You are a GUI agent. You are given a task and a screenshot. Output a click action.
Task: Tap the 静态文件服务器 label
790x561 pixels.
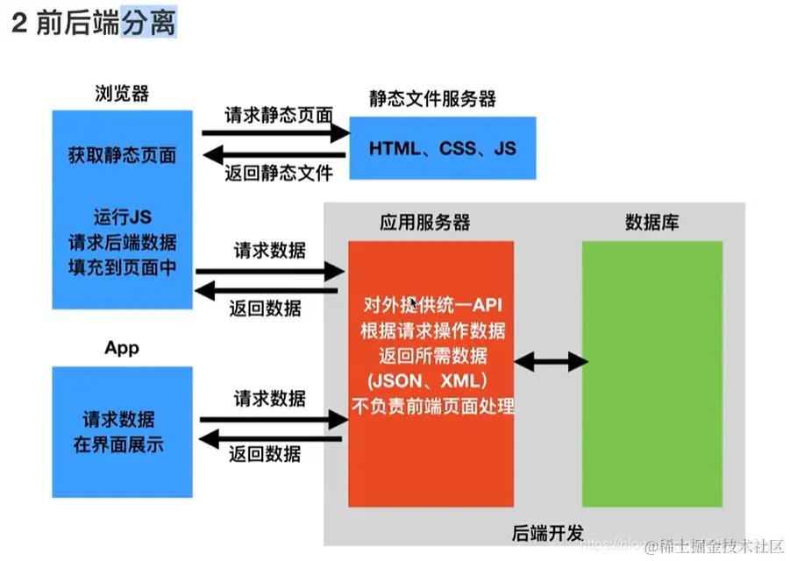pyautogui.click(x=432, y=99)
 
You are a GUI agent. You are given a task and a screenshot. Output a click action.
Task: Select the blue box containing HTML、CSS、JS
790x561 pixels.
pyautogui.click(x=443, y=148)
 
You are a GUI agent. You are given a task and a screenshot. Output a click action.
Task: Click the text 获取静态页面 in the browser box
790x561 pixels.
pyautogui.click(x=122, y=156)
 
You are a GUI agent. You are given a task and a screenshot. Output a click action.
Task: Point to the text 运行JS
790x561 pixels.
pyautogui.click(x=122, y=216)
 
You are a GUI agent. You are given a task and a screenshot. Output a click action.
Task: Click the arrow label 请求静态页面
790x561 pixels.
pyautogui.click(x=279, y=115)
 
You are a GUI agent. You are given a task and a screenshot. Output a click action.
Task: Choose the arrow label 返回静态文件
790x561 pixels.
pyautogui.click(x=279, y=173)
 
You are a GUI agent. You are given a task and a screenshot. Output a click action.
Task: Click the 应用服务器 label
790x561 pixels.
pyautogui.click(x=424, y=223)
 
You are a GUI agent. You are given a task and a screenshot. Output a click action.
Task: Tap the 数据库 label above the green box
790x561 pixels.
pyautogui.click(x=651, y=223)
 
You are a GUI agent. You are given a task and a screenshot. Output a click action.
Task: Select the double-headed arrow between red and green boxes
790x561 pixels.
pyautogui.click(x=551, y=360)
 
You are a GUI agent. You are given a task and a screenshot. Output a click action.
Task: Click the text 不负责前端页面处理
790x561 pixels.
pyautogui.click(x=432, y=406)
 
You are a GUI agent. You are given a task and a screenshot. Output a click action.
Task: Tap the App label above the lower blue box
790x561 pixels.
pyautogui.click(x=122, y=348)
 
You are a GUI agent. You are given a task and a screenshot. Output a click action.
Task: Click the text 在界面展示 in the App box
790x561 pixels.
pyautogui.click(x=118, y=444)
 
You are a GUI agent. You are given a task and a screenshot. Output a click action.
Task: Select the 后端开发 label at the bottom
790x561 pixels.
pyautogui.click(x=547, y=532)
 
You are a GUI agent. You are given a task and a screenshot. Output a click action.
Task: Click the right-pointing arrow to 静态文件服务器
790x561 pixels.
pyautogui.click(x=276, y=133)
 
